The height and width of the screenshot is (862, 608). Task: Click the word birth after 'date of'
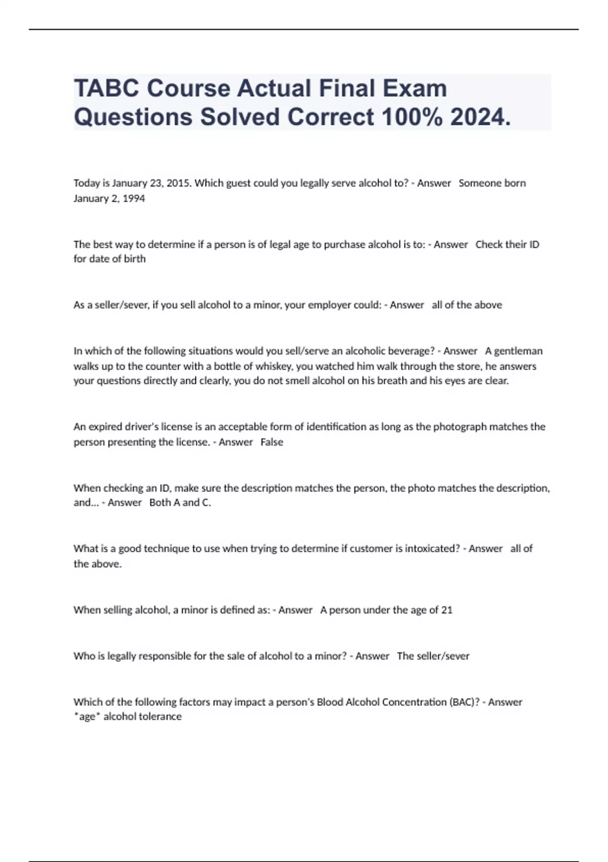pyautogui.click(x=135, y=259)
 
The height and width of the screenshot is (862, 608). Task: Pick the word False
pyautogui.click(x=272, y=442)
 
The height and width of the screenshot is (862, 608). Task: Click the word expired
pyautogui.click(x=105, y=427)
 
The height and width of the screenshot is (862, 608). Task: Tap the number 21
pyautogui.click(x=447, y=609)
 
